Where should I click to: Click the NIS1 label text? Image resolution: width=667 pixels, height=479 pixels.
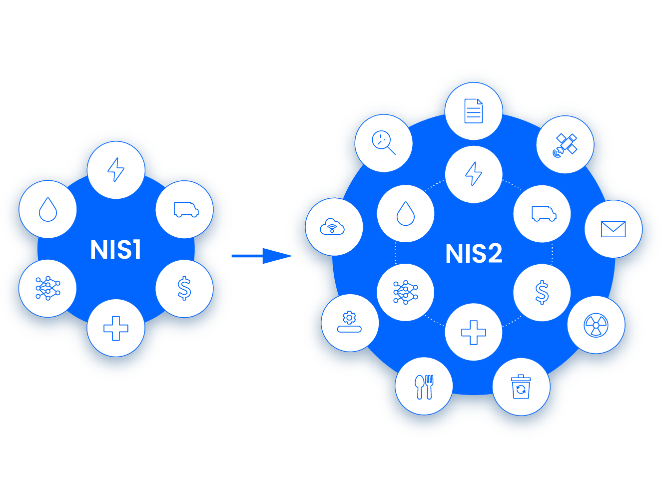click(115, 250)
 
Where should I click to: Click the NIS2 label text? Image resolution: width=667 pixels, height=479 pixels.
click(474, 254)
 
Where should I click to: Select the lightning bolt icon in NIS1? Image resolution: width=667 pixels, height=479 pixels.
click(116, 170)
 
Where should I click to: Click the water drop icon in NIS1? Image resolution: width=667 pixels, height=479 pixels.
click(48, 209)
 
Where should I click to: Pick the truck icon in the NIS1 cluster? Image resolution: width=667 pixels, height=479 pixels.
click(185, 210)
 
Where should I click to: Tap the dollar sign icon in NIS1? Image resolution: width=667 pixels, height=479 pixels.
click(184, 288)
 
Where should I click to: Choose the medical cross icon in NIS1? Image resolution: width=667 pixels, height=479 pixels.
click(116, 328)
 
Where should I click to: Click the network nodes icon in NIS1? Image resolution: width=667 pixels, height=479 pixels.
click(48, 288)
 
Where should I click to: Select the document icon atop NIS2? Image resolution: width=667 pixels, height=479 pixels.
click(474, 111)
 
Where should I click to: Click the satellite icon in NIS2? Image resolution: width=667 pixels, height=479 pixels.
click(565, 145)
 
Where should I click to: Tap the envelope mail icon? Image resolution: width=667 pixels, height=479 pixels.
click(613, 229)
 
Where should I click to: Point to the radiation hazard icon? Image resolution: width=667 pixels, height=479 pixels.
click(596, 325)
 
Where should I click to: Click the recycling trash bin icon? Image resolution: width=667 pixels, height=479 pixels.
click(521, 387)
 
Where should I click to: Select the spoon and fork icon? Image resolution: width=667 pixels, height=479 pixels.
click(424, 387)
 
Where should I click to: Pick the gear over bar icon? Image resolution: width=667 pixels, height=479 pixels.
click(350, 323)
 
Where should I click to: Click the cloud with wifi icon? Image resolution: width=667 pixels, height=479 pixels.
click(333, 227)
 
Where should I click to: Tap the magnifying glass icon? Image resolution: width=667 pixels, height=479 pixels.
click(384, 143)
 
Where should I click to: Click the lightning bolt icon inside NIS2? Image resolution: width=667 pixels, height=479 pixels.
click(474, 174)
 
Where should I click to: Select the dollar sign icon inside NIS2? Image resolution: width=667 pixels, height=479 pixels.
click(542, 293)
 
